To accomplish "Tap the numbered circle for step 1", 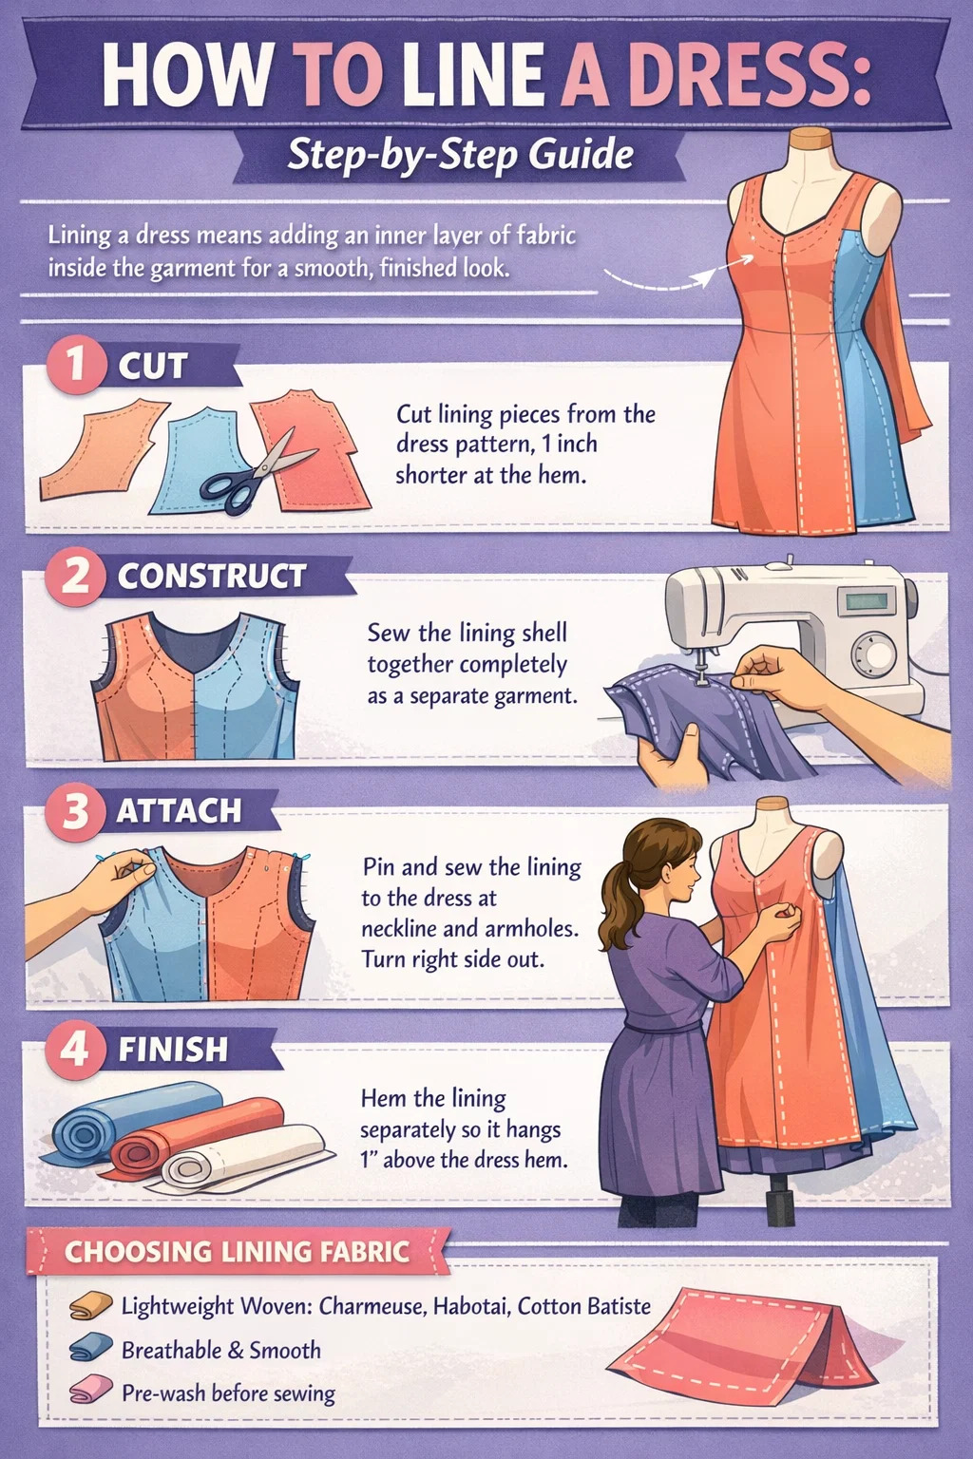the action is point(76,364).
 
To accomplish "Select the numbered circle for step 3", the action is point(76,811).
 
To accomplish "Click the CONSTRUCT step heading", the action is point(212,576).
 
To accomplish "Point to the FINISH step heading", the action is point(173,1050).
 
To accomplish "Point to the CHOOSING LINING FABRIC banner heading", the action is point(238,1252).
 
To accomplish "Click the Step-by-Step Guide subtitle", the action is point(460,155).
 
